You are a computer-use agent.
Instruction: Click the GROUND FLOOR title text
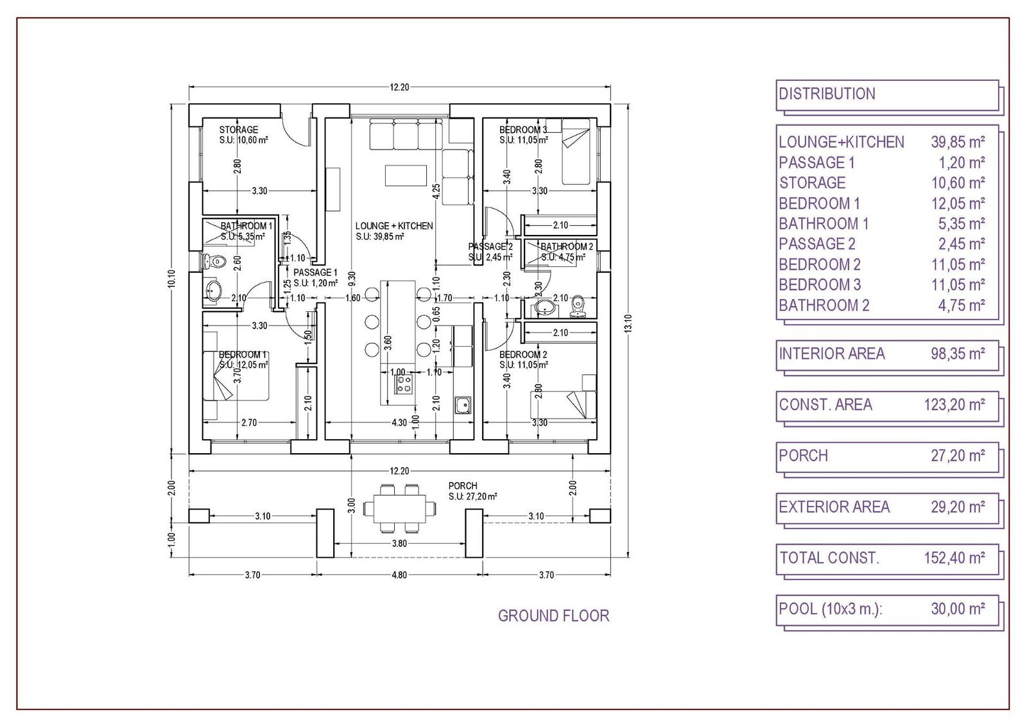pos(553,616)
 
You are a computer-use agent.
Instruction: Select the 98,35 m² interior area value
pos(958,354)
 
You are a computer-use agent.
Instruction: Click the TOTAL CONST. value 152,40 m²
pos(954,558)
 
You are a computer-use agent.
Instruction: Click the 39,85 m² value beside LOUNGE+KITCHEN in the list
pos(958,142)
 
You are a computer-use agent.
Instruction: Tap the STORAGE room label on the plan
pos(238,130)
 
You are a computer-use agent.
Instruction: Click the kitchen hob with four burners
pos(404,385)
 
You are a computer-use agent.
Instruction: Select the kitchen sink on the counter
pos(463,406)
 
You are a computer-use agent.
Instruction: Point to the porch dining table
pos(398,508)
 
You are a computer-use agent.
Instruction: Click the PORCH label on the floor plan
pos(463,486)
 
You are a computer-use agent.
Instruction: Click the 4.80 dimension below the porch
pos(399,575)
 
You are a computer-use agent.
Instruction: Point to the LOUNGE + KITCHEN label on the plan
pos(394,226)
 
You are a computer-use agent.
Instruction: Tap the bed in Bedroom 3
pos(575,151)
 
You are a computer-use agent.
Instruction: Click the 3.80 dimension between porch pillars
pos(399,543)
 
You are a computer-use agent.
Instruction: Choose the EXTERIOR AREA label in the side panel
pos(834,507)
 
